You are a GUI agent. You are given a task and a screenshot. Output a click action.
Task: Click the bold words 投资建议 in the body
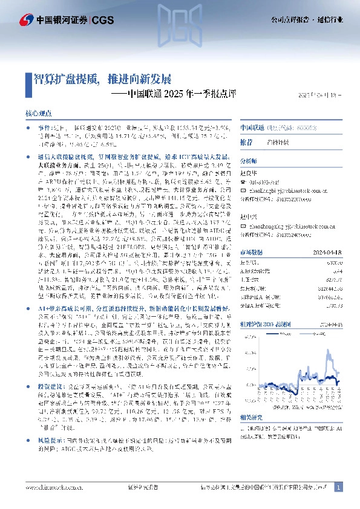coord(47,384)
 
